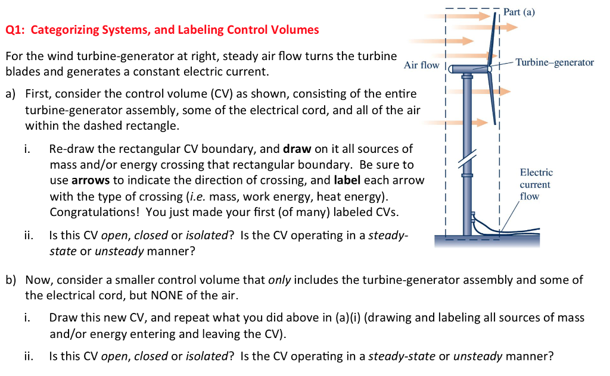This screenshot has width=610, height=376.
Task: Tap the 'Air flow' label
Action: [x=421, y=65]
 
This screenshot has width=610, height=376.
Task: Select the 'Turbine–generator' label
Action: [x=554, y=62]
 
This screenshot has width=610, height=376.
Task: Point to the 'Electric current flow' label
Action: [x=536, y=184]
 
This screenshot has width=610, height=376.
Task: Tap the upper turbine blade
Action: [x=494, y=36]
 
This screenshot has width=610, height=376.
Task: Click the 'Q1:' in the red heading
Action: [x=16, y=30]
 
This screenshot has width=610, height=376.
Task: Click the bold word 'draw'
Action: [x=297, y=149]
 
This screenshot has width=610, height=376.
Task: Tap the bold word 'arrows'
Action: [x=89, y=180]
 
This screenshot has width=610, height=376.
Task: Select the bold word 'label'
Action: [x=347, y=180]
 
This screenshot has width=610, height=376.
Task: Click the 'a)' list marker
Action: [x=11, y=94]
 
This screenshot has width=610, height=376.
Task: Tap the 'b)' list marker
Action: [x=11, y=280]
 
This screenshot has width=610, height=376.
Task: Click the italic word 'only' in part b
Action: [x=279, y=280]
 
